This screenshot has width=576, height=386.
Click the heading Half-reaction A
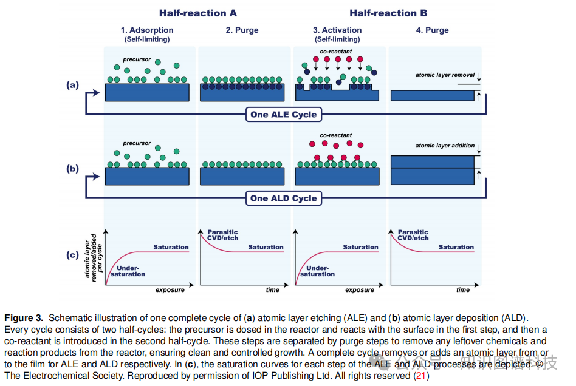[198, 13]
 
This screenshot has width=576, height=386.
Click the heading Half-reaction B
[388, 13]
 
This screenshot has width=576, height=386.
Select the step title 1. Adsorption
[146, 30]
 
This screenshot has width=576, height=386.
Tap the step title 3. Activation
[337, 30]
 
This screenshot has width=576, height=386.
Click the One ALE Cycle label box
[283, 114]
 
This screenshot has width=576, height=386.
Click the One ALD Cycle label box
[283, 198]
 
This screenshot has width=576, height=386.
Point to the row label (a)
[72, 86]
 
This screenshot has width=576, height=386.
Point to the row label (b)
[72, 169]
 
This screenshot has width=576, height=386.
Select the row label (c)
[72, 254]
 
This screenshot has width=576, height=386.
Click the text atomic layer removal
[445, 75]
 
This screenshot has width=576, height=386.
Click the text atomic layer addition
[445, 146]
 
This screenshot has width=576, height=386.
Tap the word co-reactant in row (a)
[336, 52]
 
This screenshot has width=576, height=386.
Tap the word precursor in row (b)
[137, 143]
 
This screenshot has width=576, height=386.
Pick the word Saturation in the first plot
[171, 247]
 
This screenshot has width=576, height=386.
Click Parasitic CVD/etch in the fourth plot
[413, 235]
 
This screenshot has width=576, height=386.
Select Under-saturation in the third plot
[317, 271]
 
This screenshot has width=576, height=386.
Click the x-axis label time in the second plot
[273, 290]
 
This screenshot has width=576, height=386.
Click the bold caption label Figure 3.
[24, 318]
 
